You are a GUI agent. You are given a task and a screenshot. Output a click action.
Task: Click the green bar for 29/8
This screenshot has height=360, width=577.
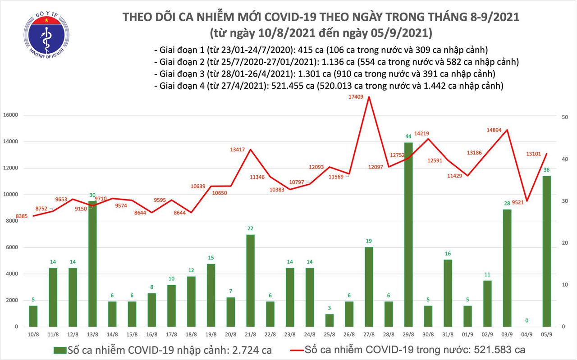pos(408,234)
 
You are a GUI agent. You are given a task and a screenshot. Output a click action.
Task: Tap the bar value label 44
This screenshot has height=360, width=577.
pos(408,136)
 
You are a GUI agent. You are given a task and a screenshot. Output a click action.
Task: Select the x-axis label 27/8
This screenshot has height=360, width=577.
pos(368,335)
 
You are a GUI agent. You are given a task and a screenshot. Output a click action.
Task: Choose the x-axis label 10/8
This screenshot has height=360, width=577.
pos(33,335)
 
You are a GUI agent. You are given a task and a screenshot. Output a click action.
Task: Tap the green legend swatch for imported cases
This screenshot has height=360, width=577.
pos(59,350)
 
